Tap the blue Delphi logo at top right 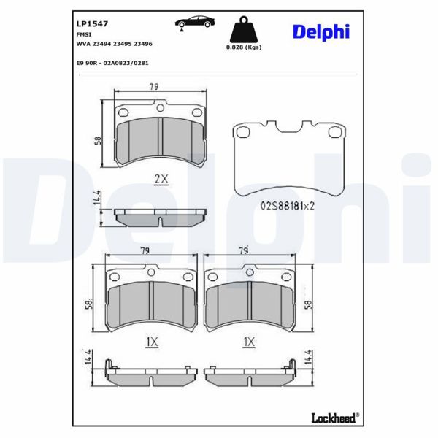click(x=321, y=31)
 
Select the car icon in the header click(x=191, y=22)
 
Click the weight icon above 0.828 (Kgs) click(x=244, y=31)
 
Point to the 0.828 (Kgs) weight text click(x=244, y=48)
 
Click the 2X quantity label click(x=161, y=178)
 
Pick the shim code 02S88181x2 click(x=288, y=206)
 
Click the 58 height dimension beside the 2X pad click(x=98, y=140)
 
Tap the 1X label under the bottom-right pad click(x=249, y=341)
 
